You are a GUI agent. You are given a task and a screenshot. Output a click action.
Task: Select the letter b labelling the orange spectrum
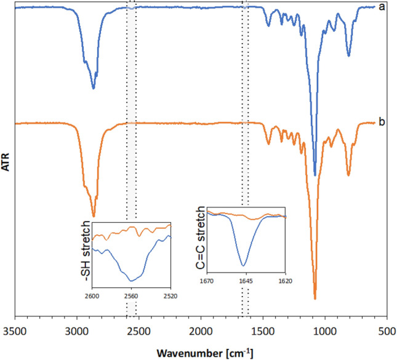coord(383,122)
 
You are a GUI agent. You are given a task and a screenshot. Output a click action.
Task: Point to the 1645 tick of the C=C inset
coord(245,281)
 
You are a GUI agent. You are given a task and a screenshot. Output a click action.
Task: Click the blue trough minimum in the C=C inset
coord(244,265)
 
